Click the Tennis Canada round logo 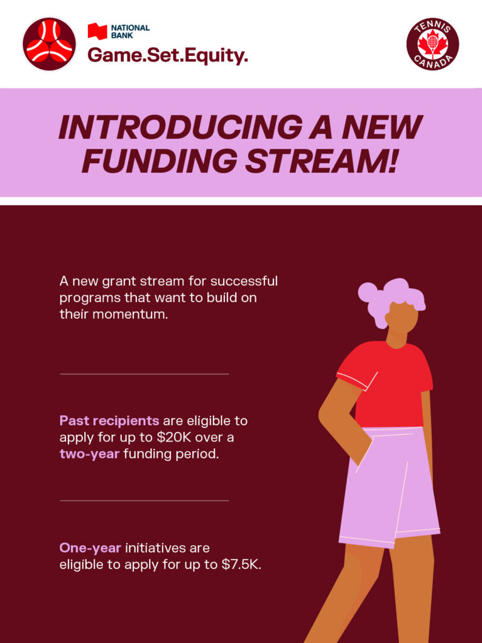coord(433,43)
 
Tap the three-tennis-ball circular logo coord(49,44)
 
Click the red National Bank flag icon coord(97,31)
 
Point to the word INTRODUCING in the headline coord(180,127)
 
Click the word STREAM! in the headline coord(322,160)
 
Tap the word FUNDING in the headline coord(160,160)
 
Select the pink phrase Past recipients coord(109,421)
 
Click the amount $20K coord(174,437)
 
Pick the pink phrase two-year coord(89,454)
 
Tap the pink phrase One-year coord(90,548)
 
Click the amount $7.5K coord(241,565)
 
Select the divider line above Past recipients coord(145,374)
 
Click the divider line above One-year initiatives coord(145,500)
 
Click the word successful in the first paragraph coord(244,281)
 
